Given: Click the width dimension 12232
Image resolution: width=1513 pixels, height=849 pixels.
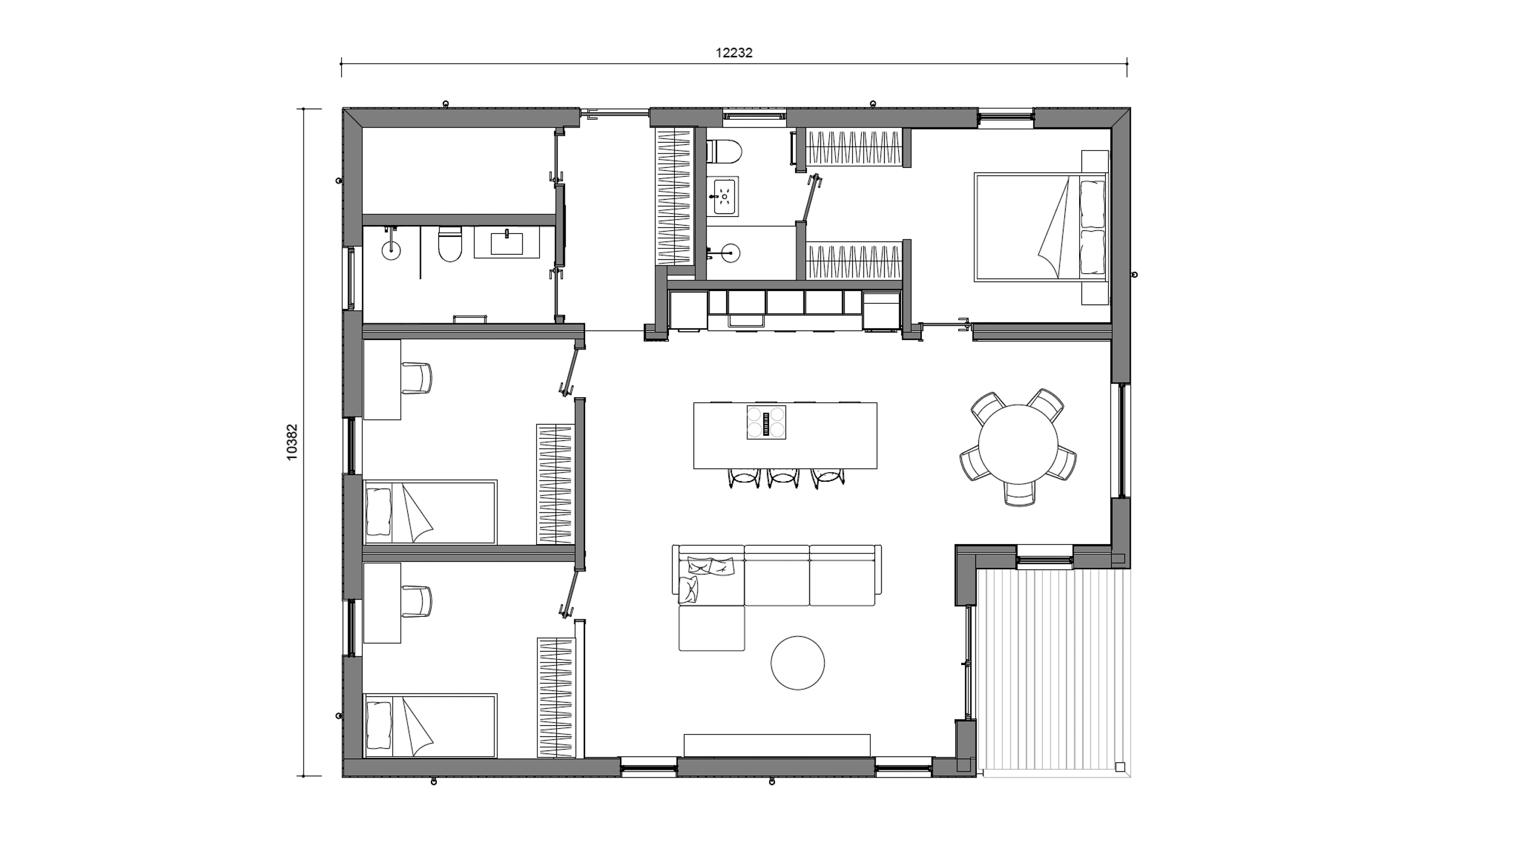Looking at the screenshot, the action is click(x=734, y=53).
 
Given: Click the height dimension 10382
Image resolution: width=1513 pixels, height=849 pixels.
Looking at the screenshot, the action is click(x=292, y=442).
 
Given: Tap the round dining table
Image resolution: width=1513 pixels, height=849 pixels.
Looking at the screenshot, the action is click(x=1018, y=444).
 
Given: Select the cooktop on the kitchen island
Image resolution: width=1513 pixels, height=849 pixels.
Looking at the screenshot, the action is click(x=766, y=422).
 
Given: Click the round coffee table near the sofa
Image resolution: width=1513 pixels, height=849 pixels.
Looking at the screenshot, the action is click(x=798, y=663).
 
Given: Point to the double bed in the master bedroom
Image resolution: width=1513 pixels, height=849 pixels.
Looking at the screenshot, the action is click(x=1040, y=227).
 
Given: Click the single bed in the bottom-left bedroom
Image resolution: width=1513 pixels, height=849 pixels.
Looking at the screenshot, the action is click(x=430, y=725).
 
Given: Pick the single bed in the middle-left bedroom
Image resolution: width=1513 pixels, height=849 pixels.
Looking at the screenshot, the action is click(x=430, y=512).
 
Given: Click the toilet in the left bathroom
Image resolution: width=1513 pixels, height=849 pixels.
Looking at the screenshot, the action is click(x=450, y=244).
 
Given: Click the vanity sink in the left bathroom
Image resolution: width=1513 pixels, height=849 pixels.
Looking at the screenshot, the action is click(x=507, y=243).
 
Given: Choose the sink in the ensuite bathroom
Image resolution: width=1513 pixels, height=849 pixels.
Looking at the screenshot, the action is click(x=723, y=196).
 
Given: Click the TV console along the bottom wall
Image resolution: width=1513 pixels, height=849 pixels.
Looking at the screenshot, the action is click(x=777, y=745).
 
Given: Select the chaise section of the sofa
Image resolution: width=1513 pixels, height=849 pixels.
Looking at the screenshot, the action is click(x=711, y=628).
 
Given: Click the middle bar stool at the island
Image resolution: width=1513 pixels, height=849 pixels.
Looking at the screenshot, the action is click(x=783, y=477).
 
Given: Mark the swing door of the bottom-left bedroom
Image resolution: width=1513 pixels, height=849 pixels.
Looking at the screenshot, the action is click(x=571, y=594).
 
